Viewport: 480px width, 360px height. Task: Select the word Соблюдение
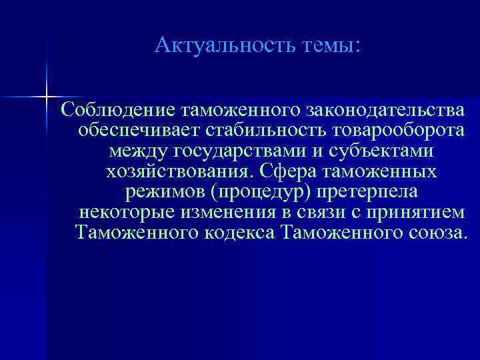pyautogui.click(x=117, y=109)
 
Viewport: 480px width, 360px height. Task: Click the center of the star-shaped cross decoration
pyautogui.click(x=47, y=97)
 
